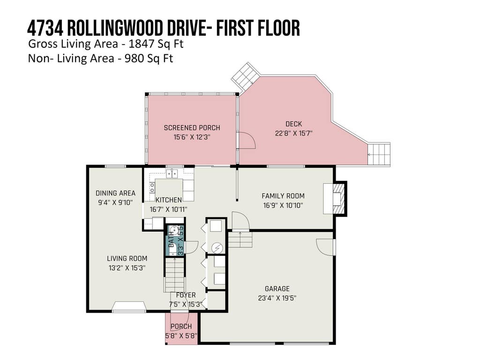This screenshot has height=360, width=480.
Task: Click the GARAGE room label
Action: pos(277,289)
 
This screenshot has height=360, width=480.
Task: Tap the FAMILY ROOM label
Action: pos(283,196)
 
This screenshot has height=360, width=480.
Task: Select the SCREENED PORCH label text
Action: pos(192,127)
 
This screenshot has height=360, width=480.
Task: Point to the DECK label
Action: pos(294,124)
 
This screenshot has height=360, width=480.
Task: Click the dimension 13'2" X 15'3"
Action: pos(127,268)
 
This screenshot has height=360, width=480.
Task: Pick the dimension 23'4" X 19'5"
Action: pos(277,298)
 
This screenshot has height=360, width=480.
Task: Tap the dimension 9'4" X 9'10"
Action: pos(115,202)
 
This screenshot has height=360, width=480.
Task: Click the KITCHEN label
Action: pos(169,200)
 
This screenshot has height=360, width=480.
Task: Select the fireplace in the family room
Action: pos(335,198)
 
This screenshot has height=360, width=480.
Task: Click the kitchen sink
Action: pos(172,173)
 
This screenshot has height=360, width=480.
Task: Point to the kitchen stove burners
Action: pos(152,187)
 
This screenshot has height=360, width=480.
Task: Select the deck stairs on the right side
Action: pos(379,154)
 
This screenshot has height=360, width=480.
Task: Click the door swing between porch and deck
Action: pos(247,141)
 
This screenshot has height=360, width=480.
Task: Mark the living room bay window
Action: pos(128,307)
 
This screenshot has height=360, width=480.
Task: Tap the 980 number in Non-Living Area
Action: pos(134,58)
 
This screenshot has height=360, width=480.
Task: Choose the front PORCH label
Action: pos(181,326)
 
